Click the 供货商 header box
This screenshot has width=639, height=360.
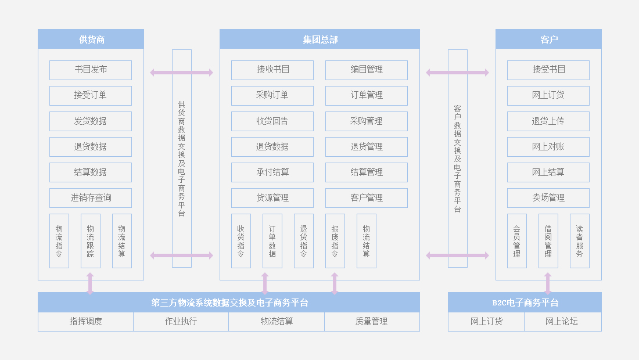pyautogui.click(x=91, y=39)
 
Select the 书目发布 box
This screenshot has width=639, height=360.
pyautogui.click(x=91, y=70)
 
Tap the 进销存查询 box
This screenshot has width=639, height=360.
pyautogui.click(x=91, y=198)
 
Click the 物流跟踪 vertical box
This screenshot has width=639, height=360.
pyautogui.click(x=91, y=241)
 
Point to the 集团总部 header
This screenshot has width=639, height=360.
pyautogui.click(x=319, y=39)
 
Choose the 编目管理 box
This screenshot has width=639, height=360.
pyautogui.click(x=367, y=70)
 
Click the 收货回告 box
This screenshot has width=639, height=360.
pyautogui.click(x=272, y=121)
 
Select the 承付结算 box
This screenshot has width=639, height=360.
pyautogui.click(x=272, y=172)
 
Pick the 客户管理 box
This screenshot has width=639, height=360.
pyautogui.click(x=367, y=198)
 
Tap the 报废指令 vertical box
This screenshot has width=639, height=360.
pyautogui.click(x=335, y=241)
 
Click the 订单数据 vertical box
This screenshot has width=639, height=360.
pyautogui.click(x=272, y=241)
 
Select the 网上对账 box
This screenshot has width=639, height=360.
pyautogui.click(x=548, y=147)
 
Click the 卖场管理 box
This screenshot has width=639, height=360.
pyautogui.click(x=548, y=198)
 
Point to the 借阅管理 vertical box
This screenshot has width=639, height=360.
pyautogui.click(x=548, y=241)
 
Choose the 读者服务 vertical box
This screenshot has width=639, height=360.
pyautogui.click(x=580, y=241)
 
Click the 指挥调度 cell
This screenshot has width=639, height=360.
pyautogui.click(x=86, y=321)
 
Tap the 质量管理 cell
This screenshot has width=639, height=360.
pyautogui.click(x=372, y=321)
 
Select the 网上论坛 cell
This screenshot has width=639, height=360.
pyautogui.click(x=562, y=321)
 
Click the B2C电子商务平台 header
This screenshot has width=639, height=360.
pyautogui.click(x=525, y=303)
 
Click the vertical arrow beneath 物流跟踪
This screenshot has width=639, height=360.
pyautogui.click(x=90, y=283)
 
